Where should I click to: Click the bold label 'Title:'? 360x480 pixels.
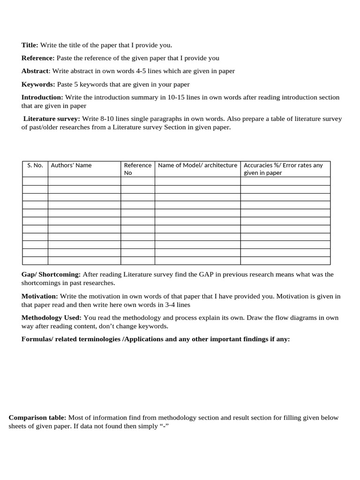pos(30,45)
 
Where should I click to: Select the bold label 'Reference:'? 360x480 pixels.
pos(38,58)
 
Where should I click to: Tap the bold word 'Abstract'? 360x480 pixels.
pos(35,71)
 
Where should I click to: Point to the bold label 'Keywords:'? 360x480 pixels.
pos(38,84)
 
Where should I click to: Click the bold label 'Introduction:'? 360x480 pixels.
pos(42,97)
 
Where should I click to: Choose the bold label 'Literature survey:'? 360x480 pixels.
pos(52,119)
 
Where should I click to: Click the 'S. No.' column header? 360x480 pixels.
pos(35,165)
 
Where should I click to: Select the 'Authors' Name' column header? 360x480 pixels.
pos(71,165)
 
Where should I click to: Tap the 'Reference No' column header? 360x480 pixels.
pos(137,169)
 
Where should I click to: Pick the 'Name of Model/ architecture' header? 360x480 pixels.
pos(197,165)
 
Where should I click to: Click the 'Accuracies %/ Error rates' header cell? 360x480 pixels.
pos(285,169)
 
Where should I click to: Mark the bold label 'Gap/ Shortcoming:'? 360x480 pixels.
pos(51,274)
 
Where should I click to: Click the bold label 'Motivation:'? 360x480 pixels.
pos(40,296)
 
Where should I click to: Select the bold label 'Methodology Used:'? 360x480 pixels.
pos(52,318)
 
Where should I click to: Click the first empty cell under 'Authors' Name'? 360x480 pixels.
pos(84,181)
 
